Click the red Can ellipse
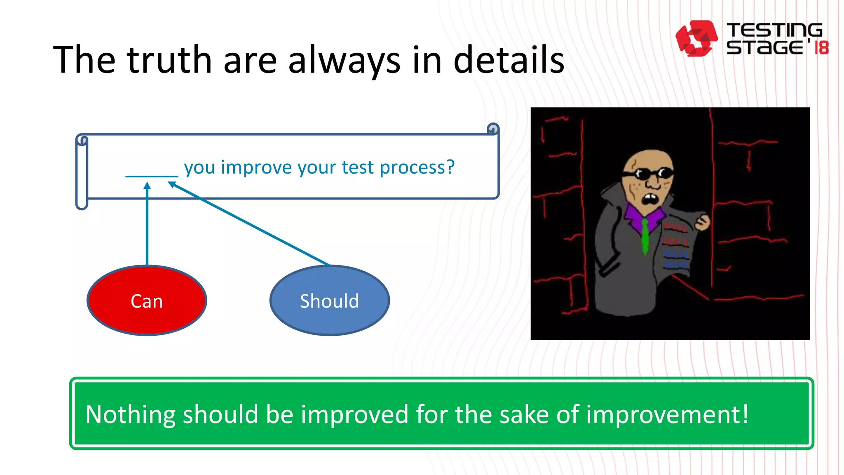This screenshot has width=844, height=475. [147, 301]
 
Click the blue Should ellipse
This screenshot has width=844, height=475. [329, 301]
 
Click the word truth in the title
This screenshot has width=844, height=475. [169, 60]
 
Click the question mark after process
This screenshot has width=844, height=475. [450, 167]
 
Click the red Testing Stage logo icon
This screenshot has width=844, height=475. [696, 38]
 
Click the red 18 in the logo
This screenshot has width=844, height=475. [821, 47]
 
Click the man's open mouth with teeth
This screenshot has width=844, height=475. [650, 199]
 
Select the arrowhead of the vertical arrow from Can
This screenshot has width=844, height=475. [147, 186]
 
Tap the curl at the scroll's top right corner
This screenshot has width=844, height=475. [492, 129]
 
